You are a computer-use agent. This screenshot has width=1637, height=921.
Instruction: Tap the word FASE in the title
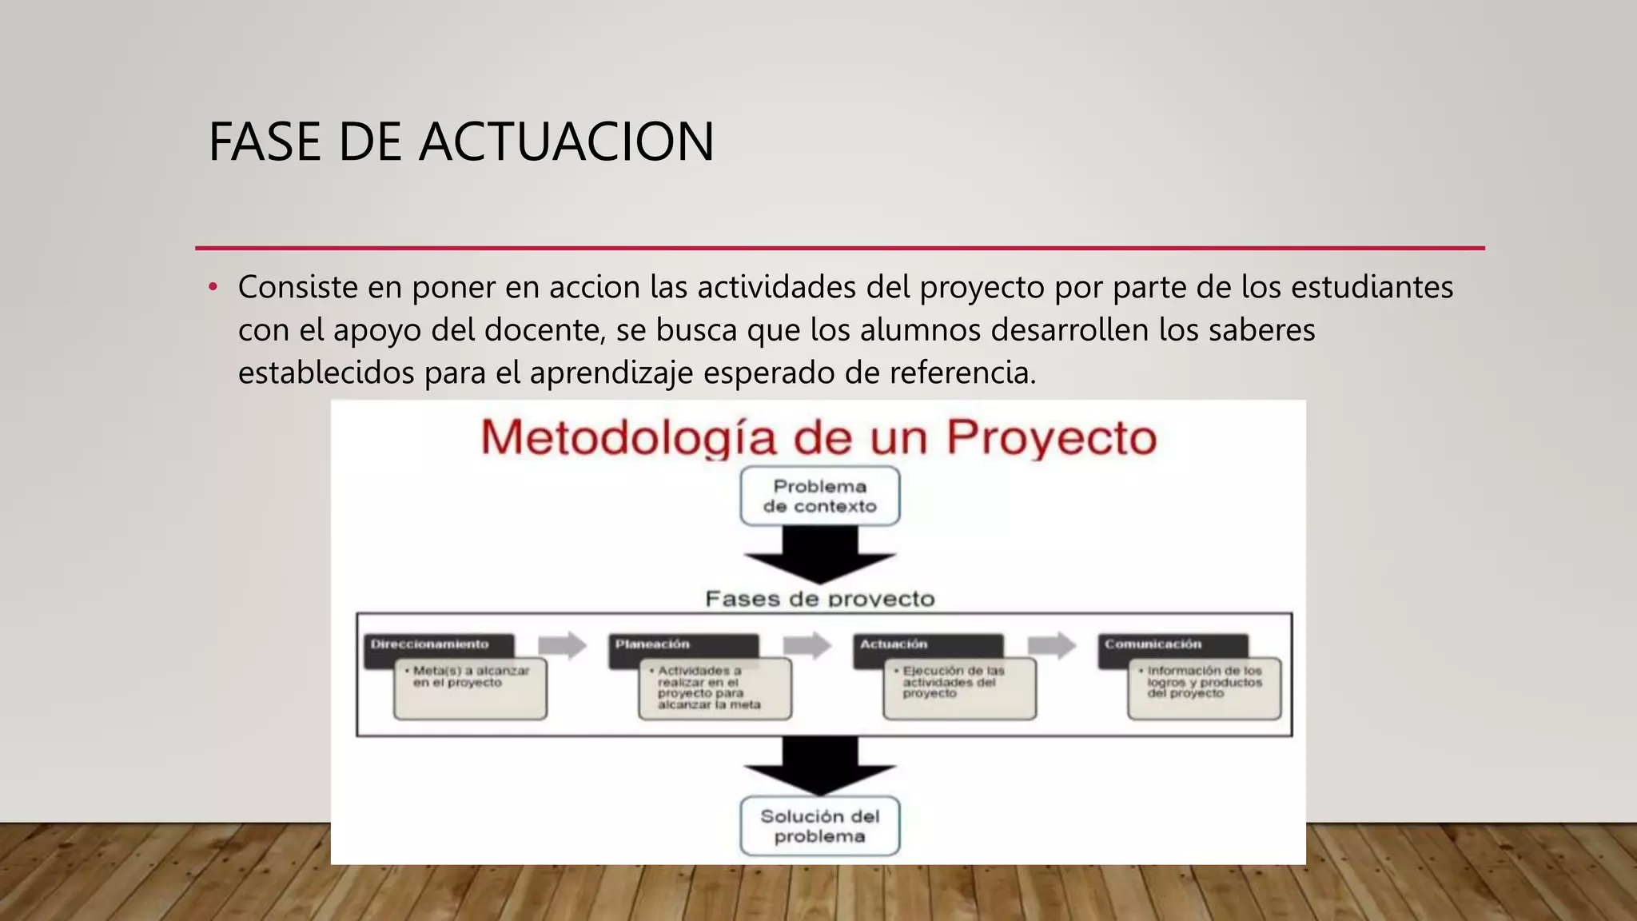click(265, 142)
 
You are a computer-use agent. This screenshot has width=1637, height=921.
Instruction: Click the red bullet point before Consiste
click(213, 287)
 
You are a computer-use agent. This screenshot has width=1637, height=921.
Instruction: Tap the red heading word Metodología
click(628, 437)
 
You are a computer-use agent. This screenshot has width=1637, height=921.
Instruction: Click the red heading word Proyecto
click(1051, 437)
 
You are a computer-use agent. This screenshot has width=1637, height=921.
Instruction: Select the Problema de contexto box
click(819, 496)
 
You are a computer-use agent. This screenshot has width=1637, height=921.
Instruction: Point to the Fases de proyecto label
click(819, 599)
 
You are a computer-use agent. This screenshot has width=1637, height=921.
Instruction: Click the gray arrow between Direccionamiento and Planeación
click(562, 644)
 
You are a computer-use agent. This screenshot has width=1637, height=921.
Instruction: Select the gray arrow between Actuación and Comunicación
click(1051, 644)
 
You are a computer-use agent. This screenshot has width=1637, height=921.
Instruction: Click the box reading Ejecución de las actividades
click(959, 688)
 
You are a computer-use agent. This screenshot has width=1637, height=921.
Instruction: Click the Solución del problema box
click(819, 826)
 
